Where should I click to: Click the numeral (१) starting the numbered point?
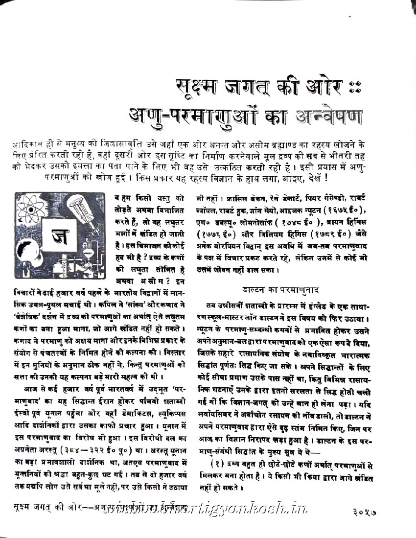pos(217,463)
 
